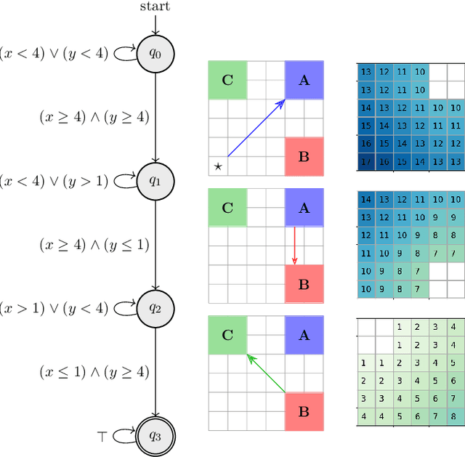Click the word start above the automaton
point(155,7)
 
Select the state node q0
point(155,54)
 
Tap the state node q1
point(155,180)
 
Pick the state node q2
point(155,308)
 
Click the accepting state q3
point(155,435)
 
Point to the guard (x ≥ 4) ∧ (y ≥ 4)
point(94,117)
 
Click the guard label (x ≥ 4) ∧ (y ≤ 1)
point(94,245)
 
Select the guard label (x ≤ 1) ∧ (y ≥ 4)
point(94,372)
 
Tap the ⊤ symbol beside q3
point(102,435)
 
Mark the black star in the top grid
point(217,167)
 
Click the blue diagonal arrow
point(255,129)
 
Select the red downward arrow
point(294,246)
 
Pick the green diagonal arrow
point(266,373)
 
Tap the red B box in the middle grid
point(304,284)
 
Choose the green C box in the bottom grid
point(227,334)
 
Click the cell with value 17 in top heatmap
point(365,162)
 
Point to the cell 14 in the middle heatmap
point(365,199)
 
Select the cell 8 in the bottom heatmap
point(453,416)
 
